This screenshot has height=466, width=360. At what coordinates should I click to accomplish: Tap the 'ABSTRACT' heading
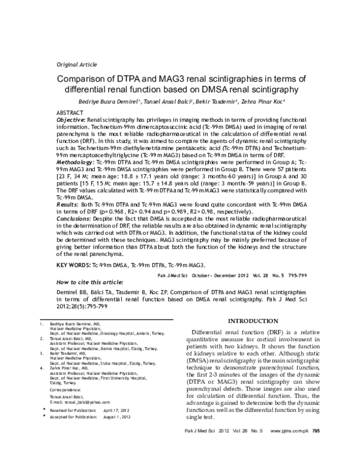click(71, 113)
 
